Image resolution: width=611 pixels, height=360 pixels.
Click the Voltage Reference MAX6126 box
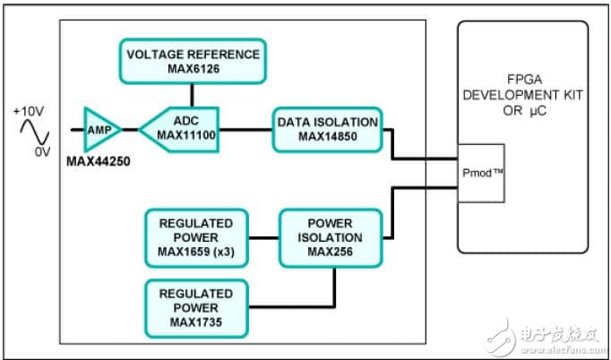pos(192,61)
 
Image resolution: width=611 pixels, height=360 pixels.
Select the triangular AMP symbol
pos(99,129)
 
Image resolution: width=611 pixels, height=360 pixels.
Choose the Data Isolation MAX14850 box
pos(328,129)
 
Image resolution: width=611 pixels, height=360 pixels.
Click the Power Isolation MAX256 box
pos(331,237)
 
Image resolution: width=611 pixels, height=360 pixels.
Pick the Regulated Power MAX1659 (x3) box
pos(195,237)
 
